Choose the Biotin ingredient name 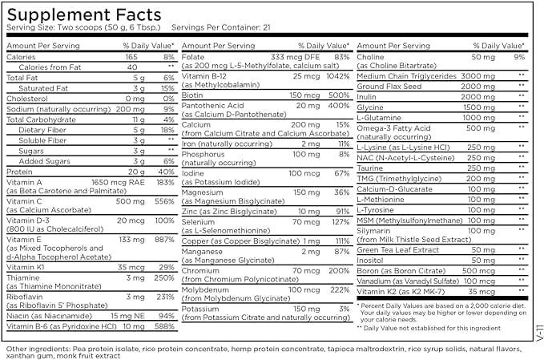192,94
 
